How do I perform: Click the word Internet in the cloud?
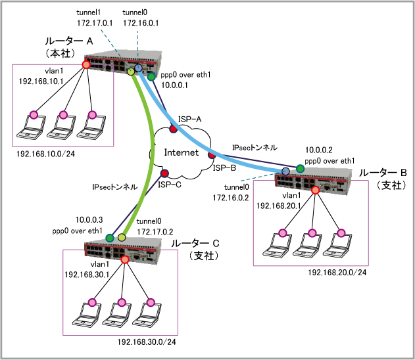[x=181, y=152]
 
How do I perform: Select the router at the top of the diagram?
[x=123, y=62]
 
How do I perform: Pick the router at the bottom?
[x=123, y=250]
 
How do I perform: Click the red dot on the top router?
[x=86, y=64]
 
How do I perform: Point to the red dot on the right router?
[x=316, y=191]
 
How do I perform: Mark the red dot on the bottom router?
[x=125, y=259]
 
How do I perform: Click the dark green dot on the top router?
[x=151, y=77]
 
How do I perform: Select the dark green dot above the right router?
[x=301, y=169]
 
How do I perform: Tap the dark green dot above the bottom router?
[x=110, y=238]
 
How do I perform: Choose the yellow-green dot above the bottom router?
[x=122, y=237]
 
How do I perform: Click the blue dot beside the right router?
[x=286, y=171]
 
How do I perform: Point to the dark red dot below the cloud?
[x=165, y=173]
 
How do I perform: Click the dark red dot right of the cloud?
[x=212, y=155]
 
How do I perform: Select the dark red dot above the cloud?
[x=174, y=129]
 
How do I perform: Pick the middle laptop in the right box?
[x=309, y=245]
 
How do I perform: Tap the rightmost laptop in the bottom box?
[x=148, y=315]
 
